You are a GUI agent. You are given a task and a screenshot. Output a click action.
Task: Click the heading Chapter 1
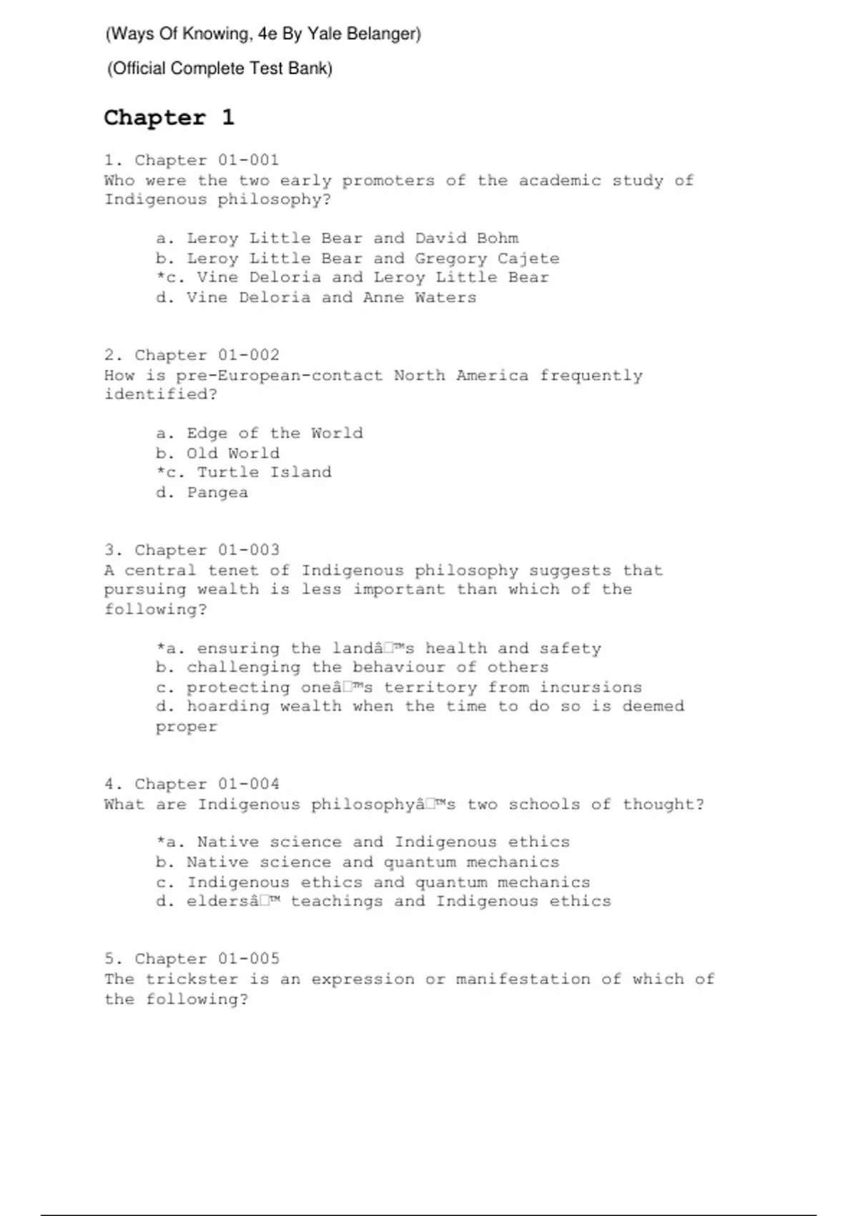(x=169, y=117)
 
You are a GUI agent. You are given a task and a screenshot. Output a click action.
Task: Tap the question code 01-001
(x=248, y=160)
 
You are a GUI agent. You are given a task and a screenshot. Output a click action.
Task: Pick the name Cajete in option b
(x=528, y=258)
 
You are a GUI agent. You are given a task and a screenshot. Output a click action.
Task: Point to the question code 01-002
(x=248, y=356)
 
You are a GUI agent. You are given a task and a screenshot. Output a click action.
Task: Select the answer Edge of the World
(x=275, y=433)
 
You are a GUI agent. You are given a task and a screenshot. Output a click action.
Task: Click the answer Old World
(x=233, y=453)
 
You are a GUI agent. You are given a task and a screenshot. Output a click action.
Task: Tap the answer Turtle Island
(x=264, y=472)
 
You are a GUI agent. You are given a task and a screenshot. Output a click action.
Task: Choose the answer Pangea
(x=217, y=493)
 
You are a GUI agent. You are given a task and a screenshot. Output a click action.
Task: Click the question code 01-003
(x=248, y=550)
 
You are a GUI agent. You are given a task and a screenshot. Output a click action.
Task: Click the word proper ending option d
(x=187, y=727)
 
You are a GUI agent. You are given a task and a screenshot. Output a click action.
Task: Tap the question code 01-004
(x=248, y=784)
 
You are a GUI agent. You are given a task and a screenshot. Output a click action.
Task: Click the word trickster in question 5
(x=192, y=979)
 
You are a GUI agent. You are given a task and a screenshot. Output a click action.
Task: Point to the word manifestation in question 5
(x=523, y=979)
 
